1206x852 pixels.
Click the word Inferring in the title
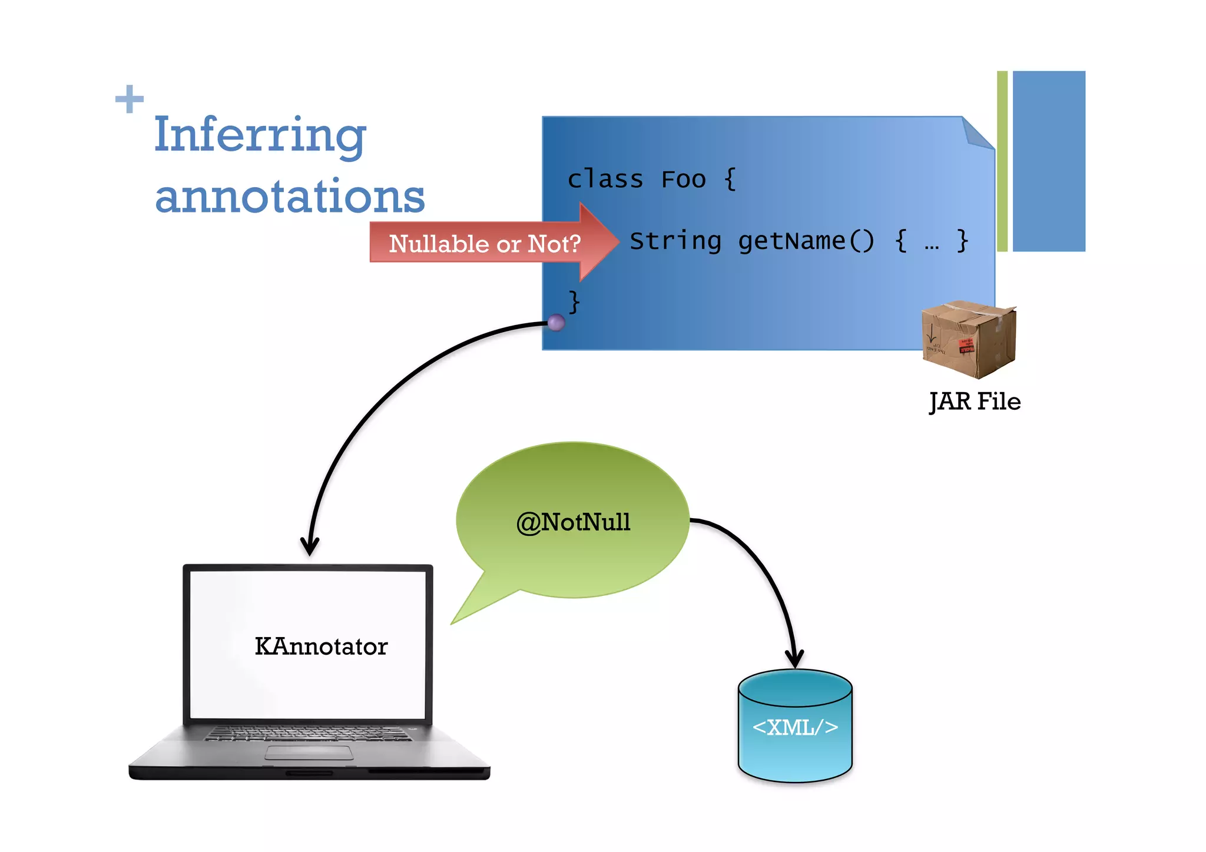(x=260, y=136)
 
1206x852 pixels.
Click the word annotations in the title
(x=289, y=197)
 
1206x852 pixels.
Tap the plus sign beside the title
(x=130, y=99)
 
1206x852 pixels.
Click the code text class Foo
(x=636, y=179)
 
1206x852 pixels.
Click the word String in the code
(x=675, y=241)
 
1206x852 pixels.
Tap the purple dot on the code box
(x=556, y=322)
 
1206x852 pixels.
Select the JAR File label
(x=975, y=402)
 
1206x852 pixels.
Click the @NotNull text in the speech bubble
(x=573, y=522)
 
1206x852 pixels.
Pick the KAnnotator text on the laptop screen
(x=321, y=647)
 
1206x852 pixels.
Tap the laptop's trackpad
(x=309, y=753)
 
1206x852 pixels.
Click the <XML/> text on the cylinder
(x=795, y=728)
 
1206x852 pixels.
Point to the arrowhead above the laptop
(x=309, y=546)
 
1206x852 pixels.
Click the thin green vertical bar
(x=1002, y=161)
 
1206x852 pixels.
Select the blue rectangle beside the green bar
(x=1048, y=161)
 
